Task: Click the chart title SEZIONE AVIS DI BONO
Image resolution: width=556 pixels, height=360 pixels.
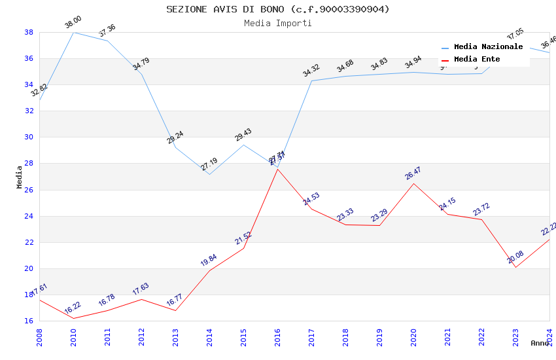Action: click(277, 9)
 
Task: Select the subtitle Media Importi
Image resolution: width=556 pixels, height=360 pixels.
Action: click(277, 24)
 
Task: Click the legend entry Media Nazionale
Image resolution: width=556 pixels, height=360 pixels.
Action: click(488, 47)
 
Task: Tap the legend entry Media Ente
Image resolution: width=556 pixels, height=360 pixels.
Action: click(477, 60)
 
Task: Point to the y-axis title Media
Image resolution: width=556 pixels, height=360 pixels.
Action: click(20, 177)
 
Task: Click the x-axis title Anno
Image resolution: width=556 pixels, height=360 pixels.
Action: click(540, 343)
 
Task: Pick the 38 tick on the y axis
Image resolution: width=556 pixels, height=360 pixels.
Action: click(29, 32)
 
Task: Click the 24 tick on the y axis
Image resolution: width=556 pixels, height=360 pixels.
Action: click(29, 216)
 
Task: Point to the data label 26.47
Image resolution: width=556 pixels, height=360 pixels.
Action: click(413, 173)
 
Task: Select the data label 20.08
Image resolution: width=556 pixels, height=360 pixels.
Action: click(515, 257)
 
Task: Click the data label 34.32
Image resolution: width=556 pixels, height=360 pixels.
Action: click(311, 71)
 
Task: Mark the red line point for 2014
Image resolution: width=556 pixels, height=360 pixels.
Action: click(209, 270)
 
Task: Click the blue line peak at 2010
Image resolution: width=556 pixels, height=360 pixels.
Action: click(73, 32)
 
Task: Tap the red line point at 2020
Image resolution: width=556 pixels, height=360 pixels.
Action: click(413, 183)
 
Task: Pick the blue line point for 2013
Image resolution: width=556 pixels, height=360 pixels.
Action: click(175, 147)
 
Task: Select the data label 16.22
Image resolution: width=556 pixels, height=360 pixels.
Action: click(73, 308)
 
